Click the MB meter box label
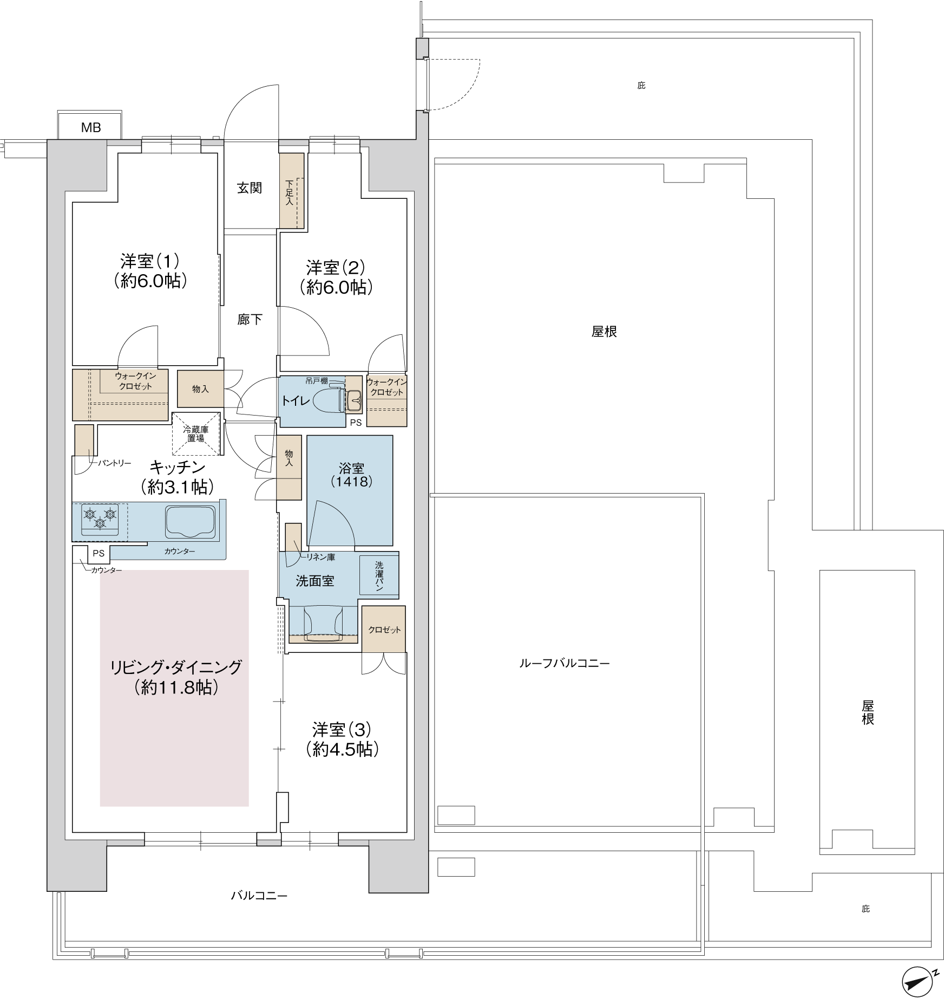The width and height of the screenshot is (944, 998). [91, 128]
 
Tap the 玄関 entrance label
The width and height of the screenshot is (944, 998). [250, 188]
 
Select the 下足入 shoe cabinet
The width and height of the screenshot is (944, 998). [291, 191]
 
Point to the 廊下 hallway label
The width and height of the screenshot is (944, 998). [250, 320]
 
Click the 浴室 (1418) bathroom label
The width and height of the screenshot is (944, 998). [351, 475]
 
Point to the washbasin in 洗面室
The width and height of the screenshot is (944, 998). [323, 622]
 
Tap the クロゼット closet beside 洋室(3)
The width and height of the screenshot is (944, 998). [384, 629]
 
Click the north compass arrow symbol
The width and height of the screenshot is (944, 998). [920, 982]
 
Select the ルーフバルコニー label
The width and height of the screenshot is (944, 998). [565, 663]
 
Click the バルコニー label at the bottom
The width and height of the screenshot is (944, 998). [259, 896]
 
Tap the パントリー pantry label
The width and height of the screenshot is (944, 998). [114, 463]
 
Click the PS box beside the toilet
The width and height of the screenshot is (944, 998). [356, 423]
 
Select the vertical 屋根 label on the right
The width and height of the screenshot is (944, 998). [868, 712]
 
